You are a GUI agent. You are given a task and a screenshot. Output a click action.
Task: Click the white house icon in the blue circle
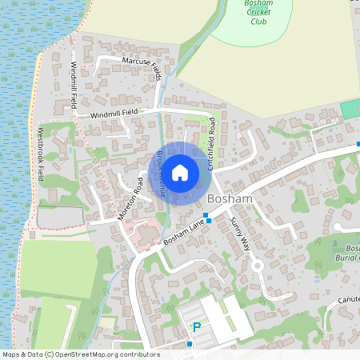(180, 171)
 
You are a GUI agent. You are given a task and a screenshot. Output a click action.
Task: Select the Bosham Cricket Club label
(258, 13)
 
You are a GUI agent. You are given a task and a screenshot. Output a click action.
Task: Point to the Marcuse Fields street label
(142, 66)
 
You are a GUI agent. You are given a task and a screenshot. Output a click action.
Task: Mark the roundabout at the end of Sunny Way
(257, 266)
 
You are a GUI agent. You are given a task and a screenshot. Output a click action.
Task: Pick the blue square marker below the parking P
(190, 344)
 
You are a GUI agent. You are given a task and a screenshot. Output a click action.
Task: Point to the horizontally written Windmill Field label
(114, 113)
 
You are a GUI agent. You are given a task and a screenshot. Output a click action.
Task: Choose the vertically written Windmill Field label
(74, 86)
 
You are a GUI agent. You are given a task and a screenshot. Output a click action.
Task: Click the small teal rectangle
(350, 108)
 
